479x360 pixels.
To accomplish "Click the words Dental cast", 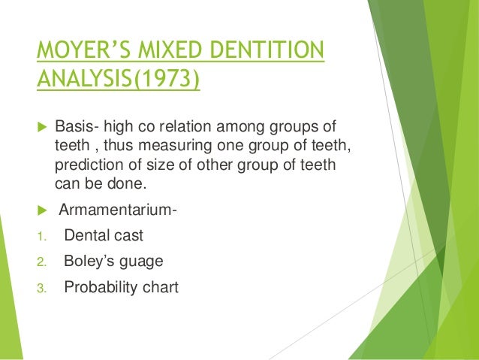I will coord(104,236).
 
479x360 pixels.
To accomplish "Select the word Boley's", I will coord(89,262).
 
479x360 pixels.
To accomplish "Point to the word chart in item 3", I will coord(162,286).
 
